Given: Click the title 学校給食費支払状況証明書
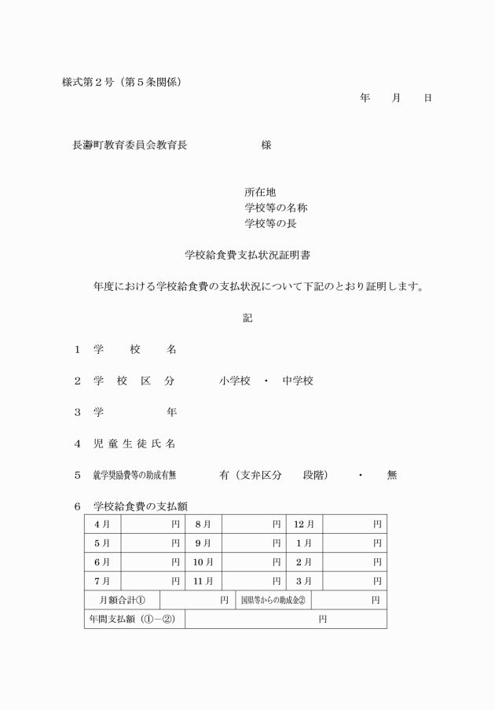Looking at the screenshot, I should point(247,255).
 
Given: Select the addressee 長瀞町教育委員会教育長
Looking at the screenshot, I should point(130,145).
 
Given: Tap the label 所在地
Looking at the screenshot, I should point(260,192).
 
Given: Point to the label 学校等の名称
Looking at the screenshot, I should point(276,208).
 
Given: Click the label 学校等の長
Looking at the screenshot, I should point(270,223).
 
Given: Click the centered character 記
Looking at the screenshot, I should point(247,318).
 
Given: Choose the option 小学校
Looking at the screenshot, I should point(235,381).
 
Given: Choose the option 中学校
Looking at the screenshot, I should point(298,381).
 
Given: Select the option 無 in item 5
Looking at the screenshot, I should point(392,475).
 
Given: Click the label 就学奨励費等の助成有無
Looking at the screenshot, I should point(134,475).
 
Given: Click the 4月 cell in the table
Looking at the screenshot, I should point(102,524).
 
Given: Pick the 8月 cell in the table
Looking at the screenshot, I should point(203,524).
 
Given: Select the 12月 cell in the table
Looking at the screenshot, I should point(304,524).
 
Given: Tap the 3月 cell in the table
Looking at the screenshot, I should point(304,581).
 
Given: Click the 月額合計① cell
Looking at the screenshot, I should point(122,600).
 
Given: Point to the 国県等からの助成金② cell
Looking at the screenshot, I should point(273,600).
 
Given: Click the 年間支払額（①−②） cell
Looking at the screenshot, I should point(134,619).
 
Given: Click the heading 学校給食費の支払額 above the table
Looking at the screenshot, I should point(140,506).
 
